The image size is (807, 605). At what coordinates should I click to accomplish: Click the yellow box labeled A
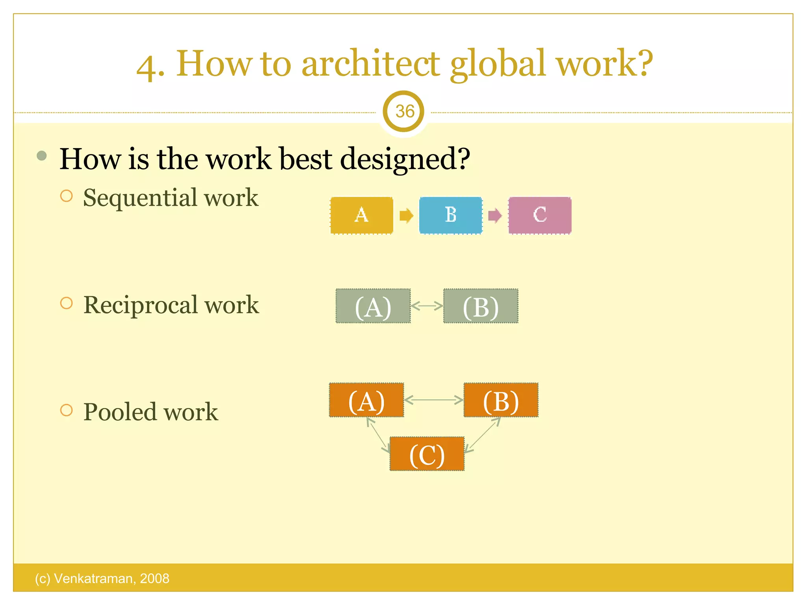tap(362, 215)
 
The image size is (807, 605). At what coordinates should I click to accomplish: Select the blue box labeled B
tap(451, 215)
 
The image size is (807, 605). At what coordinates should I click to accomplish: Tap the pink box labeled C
tap(540, 215)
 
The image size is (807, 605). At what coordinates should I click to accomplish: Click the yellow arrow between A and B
tap(406, 216)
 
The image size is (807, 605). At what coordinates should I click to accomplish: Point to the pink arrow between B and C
tap(495, 216)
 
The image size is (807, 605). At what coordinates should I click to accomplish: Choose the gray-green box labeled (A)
tap(373, 306)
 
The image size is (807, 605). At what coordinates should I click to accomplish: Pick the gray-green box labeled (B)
tap(481, 306)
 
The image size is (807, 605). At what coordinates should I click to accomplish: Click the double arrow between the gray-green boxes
tap(427, 306)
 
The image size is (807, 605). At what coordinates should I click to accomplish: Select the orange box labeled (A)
tap(366, 400)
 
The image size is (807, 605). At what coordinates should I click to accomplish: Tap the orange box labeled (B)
tap(501, 400)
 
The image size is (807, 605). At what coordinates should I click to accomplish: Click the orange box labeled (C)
tap(427, 454)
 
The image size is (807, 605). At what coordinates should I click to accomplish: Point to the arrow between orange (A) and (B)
tap(434, 400)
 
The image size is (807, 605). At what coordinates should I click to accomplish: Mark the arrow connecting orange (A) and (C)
tap(378, 435)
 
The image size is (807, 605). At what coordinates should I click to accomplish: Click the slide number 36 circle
tap(404, 111)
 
